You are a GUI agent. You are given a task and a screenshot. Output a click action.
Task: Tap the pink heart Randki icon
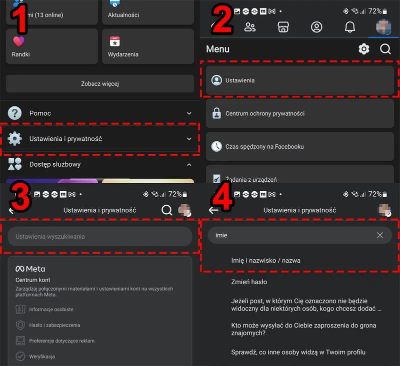(x=18, y=41)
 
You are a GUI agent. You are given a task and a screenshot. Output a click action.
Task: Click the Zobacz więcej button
(x=99, y=84)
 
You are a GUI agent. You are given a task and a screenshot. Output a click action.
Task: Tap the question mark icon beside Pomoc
(x=15, y=113)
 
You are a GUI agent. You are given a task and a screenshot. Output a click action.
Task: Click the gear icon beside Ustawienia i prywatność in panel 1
(x=15, y=138)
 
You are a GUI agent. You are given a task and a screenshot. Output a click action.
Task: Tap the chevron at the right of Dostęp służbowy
(x=189, y=165)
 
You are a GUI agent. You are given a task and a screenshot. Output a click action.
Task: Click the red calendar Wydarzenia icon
(x=115, y=41)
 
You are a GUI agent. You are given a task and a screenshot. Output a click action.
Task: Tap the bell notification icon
(x=349, y=27)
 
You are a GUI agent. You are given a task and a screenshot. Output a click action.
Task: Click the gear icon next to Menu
(x=364, y=49)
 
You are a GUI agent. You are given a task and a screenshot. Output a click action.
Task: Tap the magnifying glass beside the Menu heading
(x=385, y=49)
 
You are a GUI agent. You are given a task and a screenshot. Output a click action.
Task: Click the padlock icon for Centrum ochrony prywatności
(x=216, y=113)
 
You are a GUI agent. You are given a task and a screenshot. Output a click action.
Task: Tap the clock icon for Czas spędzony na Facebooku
(x=216, y=146)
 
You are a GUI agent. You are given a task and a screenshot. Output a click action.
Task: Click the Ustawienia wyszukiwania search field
(x=99, y=236)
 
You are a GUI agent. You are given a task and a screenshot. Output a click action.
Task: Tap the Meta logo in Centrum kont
(x=30, y=269)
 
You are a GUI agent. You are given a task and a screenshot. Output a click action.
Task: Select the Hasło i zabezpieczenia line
(x=54, y=325)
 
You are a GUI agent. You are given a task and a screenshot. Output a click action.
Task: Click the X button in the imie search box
(x=380, y=235)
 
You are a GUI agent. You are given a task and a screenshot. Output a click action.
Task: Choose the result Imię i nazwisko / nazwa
(x=265, y=261)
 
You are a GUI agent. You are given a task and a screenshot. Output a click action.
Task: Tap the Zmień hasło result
(x=249, y=282)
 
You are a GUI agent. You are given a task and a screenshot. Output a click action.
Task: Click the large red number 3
(x=20, y=196)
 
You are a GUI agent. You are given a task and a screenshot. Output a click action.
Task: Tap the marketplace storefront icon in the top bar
(x=283, y=27)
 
